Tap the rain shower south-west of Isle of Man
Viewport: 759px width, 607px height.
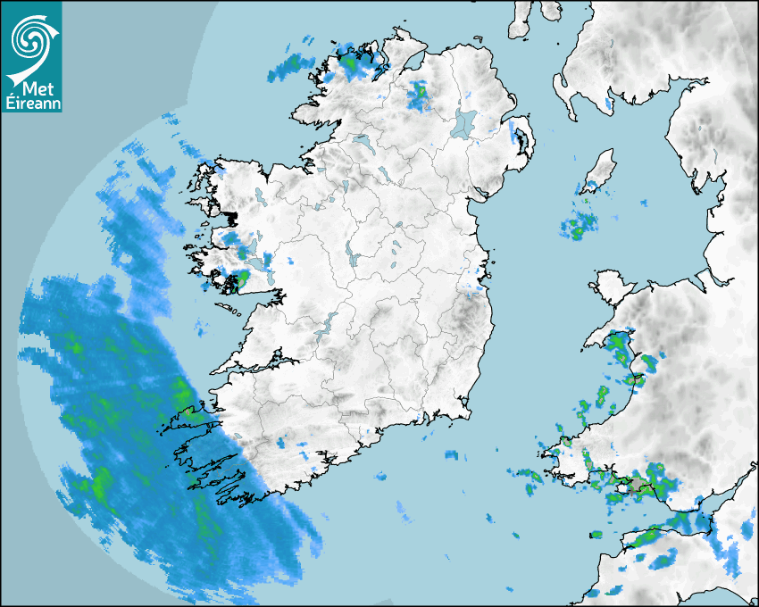pos(578,224)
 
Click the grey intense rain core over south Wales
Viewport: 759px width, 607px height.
pos(637,486)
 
